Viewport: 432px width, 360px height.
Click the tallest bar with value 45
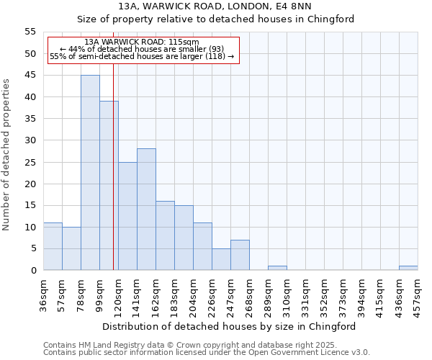[90, 173]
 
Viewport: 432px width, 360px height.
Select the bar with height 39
[109, 186]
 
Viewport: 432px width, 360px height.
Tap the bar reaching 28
[146, 210]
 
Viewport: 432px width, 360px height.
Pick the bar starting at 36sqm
[53, 246]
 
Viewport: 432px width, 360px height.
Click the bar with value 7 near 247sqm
[240, 255]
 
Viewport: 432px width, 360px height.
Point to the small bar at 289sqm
[277, 268]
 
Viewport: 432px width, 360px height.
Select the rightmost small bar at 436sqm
[408, 268]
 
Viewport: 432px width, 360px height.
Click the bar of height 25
[127, 216]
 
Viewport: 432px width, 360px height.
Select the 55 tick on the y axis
[30, 32]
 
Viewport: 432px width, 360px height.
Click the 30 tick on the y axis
[30, 140]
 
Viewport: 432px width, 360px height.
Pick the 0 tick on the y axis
[33, 271]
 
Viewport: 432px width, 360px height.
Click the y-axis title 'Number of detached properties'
[6, 154]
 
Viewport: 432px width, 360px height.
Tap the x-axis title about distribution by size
[229, 326]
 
